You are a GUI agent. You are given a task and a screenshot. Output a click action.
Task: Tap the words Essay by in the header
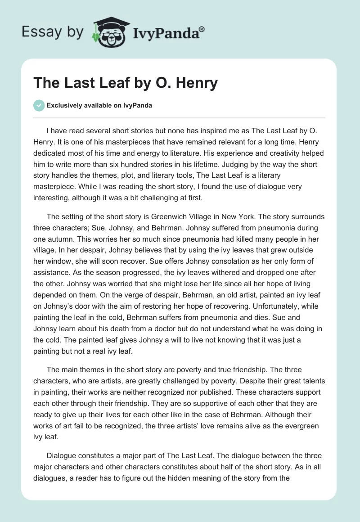tap(52, 32)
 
